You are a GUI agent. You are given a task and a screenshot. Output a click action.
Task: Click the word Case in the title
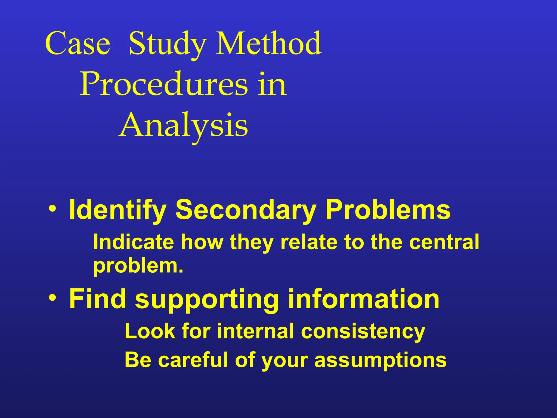(x=78, y=44)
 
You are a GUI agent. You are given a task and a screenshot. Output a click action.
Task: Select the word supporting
(x=207, y=299)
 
